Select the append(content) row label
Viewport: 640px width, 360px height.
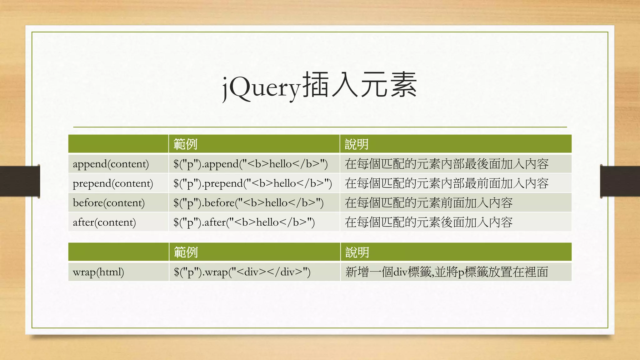click(111, 164)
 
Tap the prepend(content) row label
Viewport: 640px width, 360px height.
click(113, 183)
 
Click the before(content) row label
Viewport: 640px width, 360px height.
click(108, 203)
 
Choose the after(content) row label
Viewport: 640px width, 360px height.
click(104, 222)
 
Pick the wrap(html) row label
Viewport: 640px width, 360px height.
click(98, 272)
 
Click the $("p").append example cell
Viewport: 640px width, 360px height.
click(250, 164)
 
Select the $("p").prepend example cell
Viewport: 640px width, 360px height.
click(252, 183)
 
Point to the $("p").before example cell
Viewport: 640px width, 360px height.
click(248, 203)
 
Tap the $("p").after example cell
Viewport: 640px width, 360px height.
click(244, 222)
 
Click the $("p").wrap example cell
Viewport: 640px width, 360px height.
click(242, 272)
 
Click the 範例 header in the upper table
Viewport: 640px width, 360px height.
click(185, 144)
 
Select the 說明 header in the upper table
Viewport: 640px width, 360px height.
click(357, 144)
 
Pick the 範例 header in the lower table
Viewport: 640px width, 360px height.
click(186, 252)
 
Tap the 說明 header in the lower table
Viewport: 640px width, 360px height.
click(357, 252)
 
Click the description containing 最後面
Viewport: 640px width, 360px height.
click(447, 164)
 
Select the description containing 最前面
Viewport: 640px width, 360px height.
click(447, 183)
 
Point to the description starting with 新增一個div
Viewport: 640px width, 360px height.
click(447, 272)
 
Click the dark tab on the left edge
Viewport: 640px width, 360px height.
click(20, 181)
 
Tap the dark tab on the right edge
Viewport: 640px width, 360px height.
click(620, 181)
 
